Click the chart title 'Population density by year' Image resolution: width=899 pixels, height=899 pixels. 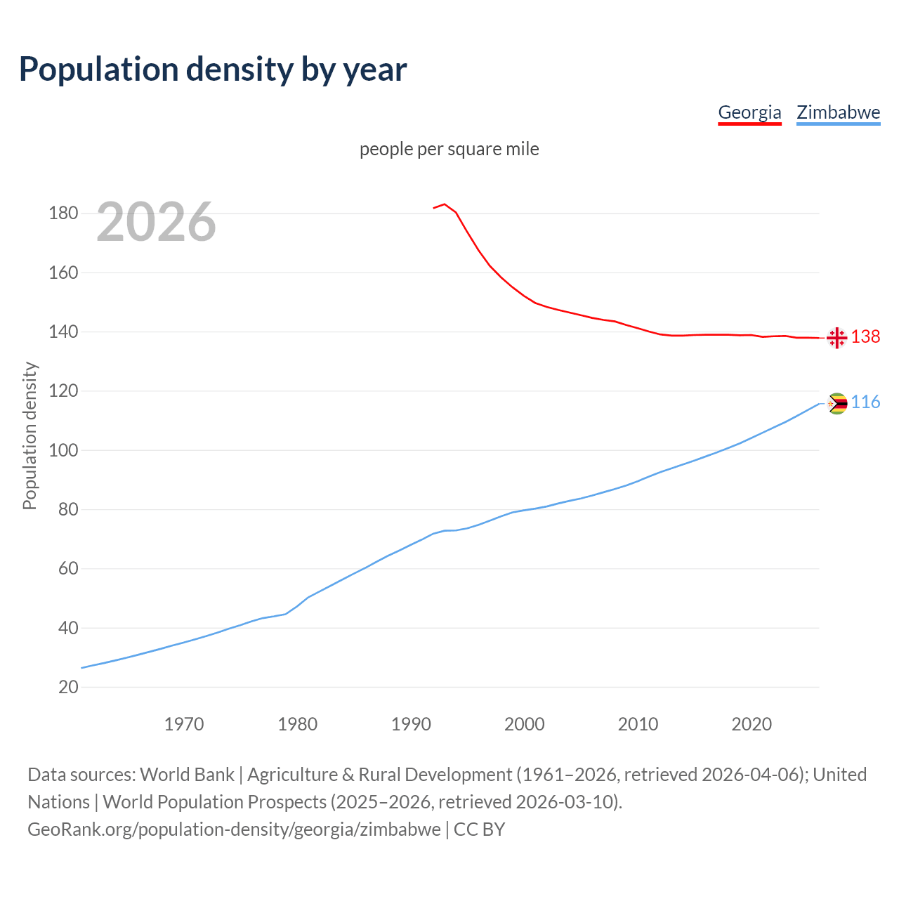(x=213, y=70)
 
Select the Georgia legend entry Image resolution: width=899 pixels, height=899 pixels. (x=749, y=112)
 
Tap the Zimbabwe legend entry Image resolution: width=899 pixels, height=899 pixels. (x=838, y=112)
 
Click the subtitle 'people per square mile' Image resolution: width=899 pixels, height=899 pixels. (x=449, y=150)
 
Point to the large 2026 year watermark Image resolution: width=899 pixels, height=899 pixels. (x=156, y=222)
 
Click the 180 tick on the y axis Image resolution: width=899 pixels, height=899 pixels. (x=63, y=213)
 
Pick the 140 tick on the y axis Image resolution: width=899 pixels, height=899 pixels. (x=63, y=332)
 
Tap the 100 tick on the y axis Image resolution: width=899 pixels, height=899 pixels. (x=63, y=450)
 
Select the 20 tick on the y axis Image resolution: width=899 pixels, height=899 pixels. (x=68, y=687)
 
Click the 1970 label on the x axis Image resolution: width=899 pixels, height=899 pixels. (x=184, y=724)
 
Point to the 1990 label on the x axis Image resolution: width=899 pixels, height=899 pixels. (x=411, y=724)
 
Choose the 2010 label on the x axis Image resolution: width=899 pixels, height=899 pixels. (x=638, y=724)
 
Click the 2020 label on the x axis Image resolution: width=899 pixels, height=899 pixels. (x=752, y=724)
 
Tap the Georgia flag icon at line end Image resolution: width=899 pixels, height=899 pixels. (x=836, y=338)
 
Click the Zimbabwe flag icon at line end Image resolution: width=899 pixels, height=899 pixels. (x=836, y=403)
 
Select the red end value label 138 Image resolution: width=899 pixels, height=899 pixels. (x=865, y=337)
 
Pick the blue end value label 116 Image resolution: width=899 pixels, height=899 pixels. (x=865, y=402)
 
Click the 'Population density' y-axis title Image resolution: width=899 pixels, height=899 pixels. (x=29, y=435)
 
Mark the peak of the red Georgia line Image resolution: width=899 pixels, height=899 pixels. (x=445, y=204)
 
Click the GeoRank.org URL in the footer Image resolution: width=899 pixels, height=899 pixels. (x=234, y=829)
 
